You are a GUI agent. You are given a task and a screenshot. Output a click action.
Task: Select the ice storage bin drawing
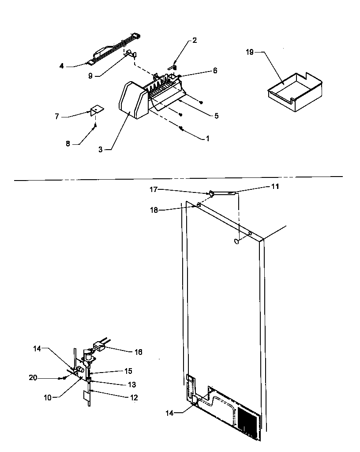[295, 90]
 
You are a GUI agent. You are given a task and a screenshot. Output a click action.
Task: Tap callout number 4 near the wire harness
[62, 66]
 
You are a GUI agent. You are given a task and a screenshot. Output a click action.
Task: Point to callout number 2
[195, 40]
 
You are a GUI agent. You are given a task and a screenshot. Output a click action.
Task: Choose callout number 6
[215, 70]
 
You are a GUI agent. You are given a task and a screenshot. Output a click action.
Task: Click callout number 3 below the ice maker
[101, 150]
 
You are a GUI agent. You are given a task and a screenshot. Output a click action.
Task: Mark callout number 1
[207, 138]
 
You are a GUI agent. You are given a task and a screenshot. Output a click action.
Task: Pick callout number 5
[216, 116]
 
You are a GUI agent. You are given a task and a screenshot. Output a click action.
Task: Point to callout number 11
[275, 187]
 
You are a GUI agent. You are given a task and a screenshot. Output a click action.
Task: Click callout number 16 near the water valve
[139, 352]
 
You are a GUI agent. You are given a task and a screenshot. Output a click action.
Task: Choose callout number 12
[134, 398]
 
